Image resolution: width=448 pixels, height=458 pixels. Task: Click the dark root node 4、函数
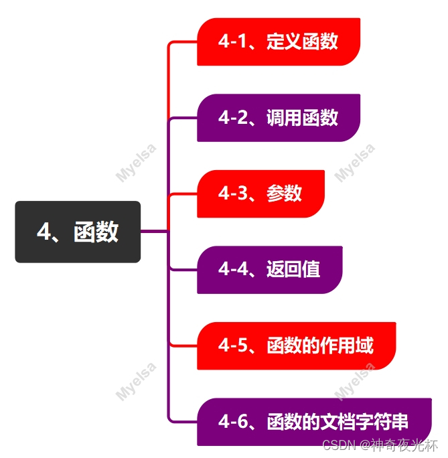pyautogui.click(x=78, y=232)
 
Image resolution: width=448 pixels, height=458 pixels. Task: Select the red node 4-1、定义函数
pyautogui.click(x=279, y=42)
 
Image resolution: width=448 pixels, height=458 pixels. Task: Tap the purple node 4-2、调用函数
pyautogui.click(x=279, y=118)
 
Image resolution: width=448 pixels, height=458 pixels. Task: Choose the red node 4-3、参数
pyautogui.click(x=260, y=194)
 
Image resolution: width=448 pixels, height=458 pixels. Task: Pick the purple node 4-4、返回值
pyautogui.click(x=269, y=270)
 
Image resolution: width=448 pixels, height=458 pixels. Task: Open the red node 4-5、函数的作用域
pyautogui.click(x=296, y=346)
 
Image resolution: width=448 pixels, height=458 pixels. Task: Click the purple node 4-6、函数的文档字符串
pyautogui.click(x=313, y=422)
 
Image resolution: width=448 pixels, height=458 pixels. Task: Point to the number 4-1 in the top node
pyautogui.click(x=230, y=42)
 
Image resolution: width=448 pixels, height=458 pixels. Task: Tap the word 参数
pyautogui.click(x=285, y=194)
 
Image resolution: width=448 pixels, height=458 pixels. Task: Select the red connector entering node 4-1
pyautogui.click(x=182, y=42)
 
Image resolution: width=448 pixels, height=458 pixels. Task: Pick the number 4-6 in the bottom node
pyautogui.click(x=230, y=422)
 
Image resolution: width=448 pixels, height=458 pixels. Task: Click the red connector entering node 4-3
pyautogui.click(x=182, y=194)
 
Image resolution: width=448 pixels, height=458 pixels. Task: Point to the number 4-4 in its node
pyautogui.click(x=230, y=270)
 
